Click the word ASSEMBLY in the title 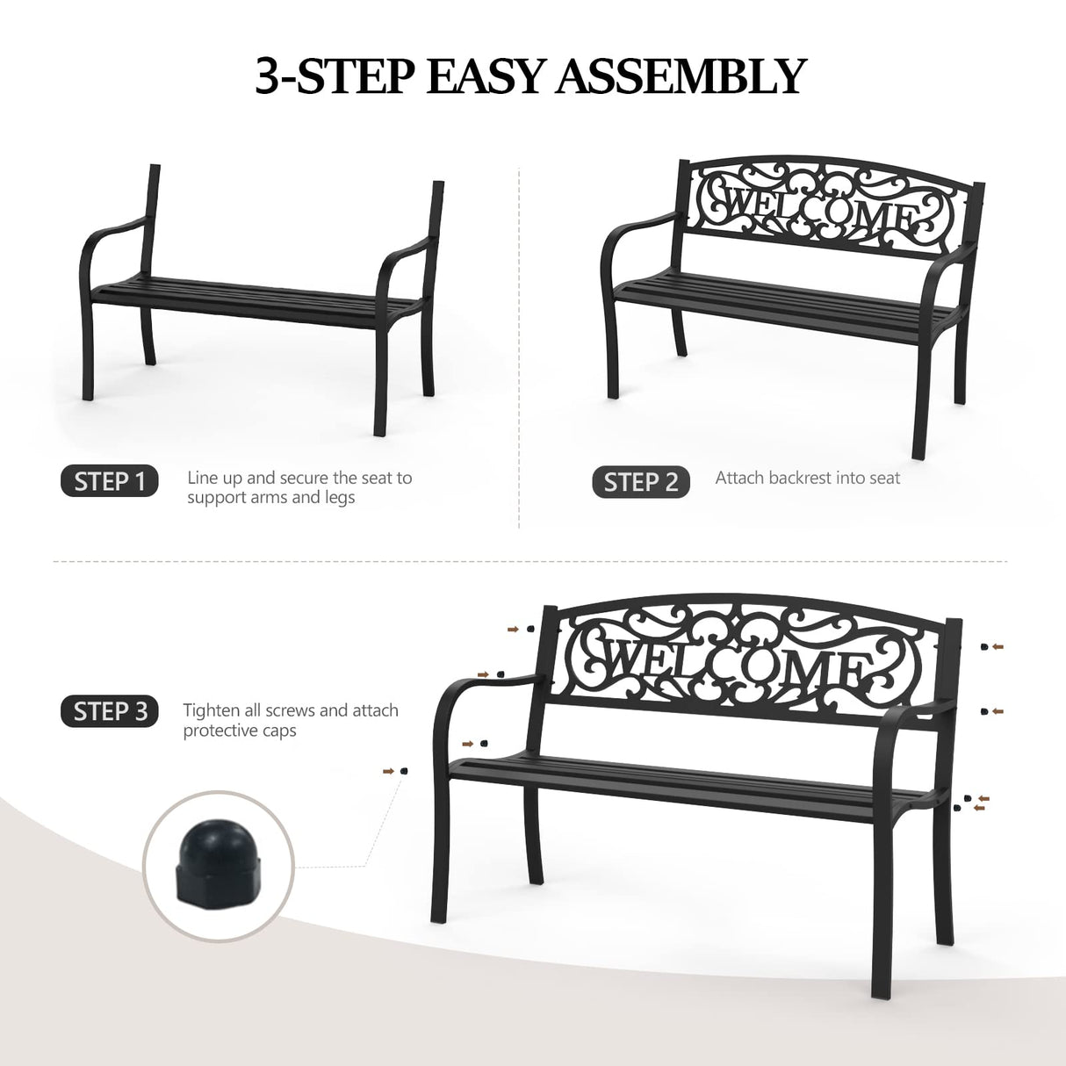point(681,76)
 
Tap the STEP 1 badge point(110,481)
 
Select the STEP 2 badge point(641,482)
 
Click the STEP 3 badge point(110,711)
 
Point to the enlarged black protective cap point(218,866)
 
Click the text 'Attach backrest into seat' point(807,478)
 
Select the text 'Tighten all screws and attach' point(291,710)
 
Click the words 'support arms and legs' point(270,498)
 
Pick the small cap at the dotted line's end point(403,771)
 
